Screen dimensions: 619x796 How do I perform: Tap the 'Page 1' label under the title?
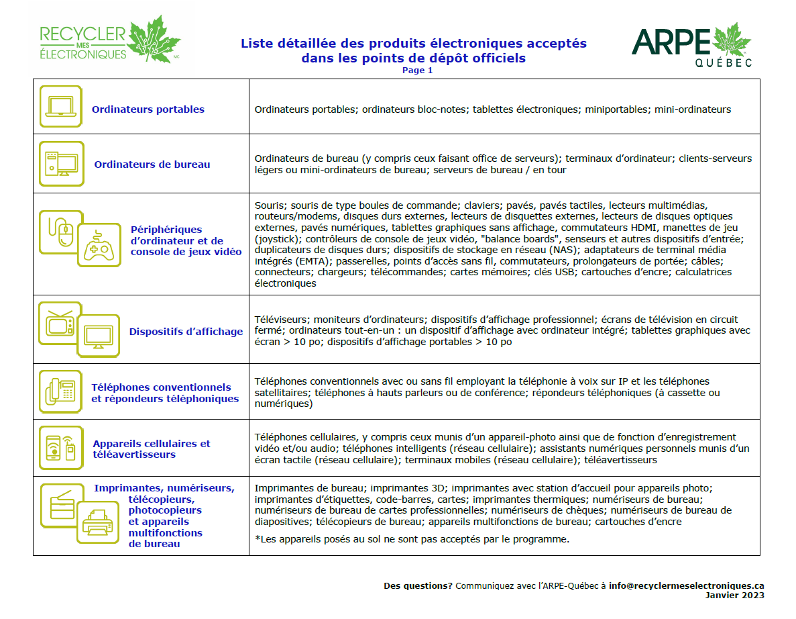coord(417,70)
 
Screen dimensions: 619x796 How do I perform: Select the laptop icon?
coord(60,107)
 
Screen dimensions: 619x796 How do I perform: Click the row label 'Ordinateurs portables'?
coord(148,109)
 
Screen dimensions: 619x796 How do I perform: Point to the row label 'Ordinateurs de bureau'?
coord(152,164)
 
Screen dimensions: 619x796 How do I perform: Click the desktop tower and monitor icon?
coord(61,163)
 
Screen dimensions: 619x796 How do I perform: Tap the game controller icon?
coord(99,244)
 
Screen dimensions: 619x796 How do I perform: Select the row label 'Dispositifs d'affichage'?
coord(186,331)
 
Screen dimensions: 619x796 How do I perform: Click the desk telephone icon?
coord(60,391)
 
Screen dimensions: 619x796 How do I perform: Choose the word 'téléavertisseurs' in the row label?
coord(134,455)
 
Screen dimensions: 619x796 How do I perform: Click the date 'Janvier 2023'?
coord(734,595)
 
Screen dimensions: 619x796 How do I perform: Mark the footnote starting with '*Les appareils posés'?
coord(411,539)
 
